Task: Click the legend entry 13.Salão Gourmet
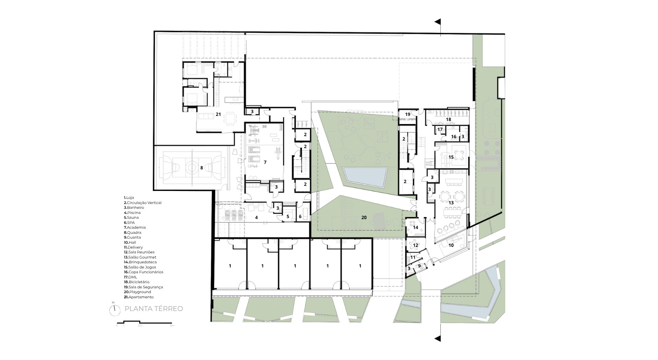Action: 140,257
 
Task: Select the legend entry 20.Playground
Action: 137,292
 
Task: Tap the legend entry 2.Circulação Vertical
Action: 143,203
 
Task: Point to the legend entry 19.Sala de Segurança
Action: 143,287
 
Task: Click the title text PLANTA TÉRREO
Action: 154,309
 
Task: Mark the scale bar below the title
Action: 145,322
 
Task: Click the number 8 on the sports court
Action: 202,168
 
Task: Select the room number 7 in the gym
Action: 265,162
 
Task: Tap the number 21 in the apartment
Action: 218,114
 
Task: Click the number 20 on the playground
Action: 364,217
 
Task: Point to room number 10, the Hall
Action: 451,245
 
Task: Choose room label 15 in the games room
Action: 451,157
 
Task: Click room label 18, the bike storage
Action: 448,120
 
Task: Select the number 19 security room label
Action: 407,114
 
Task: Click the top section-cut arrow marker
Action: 438,22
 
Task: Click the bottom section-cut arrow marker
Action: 438,339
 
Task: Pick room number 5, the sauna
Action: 288,216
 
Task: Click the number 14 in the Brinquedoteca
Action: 416,227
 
